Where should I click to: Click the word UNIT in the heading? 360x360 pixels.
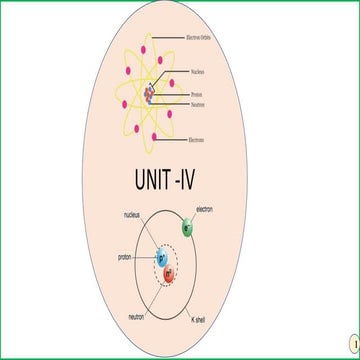154,180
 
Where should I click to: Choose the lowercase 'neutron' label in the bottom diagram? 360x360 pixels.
133,316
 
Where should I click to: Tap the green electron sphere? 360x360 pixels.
186,229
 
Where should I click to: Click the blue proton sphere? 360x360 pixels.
162,259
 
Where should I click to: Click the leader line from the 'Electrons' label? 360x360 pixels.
171,140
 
